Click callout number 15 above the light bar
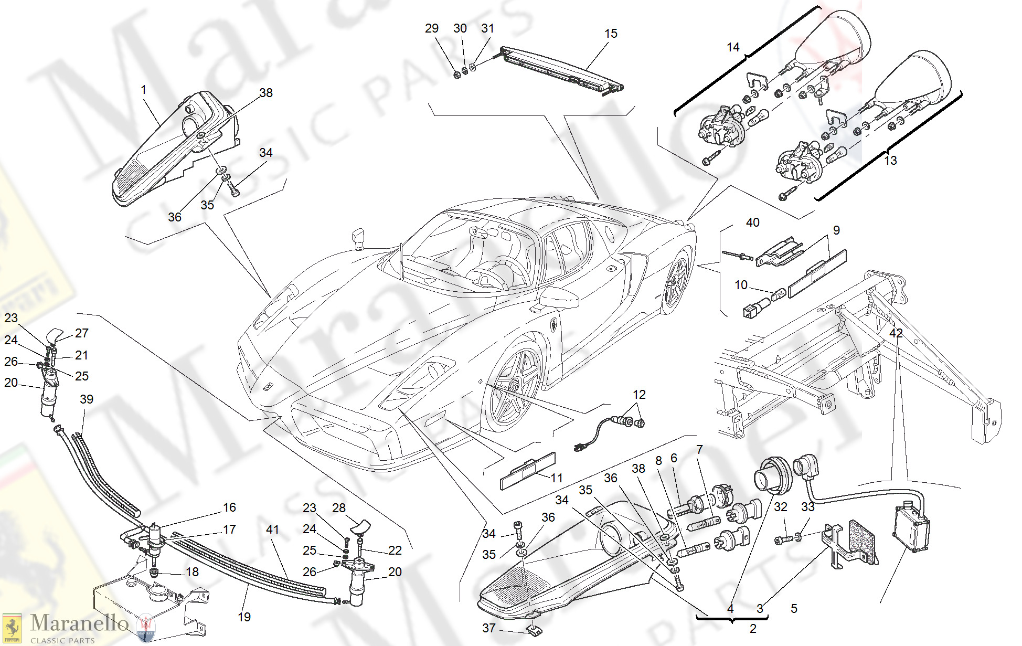(x=611, y=34)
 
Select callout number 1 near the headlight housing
(x=143, y=90)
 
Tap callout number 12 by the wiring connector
(x=639, y=395)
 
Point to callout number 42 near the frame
(x=896, y=333)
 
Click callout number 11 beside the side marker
(x=557, y=478)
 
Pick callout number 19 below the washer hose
(x=244, y=617)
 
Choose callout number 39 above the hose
(x=87, y=399)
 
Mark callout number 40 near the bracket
(x=752, y=223)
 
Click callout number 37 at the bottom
(x=488, y=628)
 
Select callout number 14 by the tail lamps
(x=733, y=47)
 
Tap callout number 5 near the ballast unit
(x=794, y=609)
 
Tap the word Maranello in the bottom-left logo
(x=79, y=623)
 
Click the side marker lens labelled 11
(x=527, y=471)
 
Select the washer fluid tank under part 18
(x=150, y=603)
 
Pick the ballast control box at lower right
(x=911, y=527)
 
